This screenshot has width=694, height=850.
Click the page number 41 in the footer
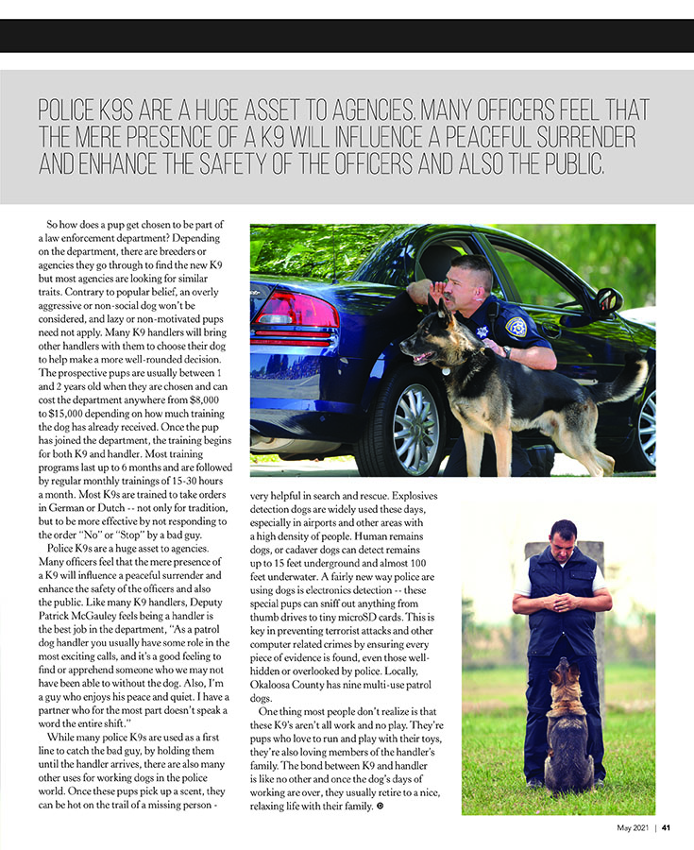click(x=666, y=829)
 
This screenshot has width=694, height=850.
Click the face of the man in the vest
click(x=563, y=539)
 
